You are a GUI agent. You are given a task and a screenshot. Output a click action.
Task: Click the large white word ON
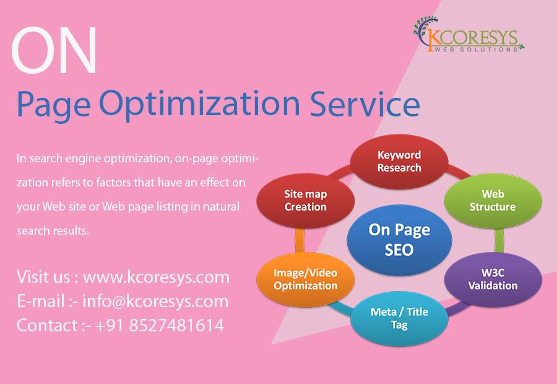pos(54,50)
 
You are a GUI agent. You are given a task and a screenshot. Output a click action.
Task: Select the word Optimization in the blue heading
pos(200,105)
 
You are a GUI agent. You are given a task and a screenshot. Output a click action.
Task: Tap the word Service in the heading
pos(365,103)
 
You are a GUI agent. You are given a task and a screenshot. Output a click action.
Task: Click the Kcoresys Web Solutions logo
pos(468,35)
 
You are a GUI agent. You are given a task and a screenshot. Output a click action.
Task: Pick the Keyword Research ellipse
pos(399,161)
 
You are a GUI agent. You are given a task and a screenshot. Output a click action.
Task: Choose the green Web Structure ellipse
pos(493,201)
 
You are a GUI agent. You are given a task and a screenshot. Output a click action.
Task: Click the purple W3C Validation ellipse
pos(493,279)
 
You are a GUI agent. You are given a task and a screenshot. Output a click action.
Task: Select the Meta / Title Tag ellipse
pos(399,318)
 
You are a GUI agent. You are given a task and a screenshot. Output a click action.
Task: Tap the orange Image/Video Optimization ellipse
pos(306,279)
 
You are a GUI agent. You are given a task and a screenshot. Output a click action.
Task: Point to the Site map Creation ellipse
pos(306,201)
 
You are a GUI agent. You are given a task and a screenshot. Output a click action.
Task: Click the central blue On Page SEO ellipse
pos(399,240)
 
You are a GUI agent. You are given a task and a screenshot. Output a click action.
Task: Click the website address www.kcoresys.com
pos(156,277)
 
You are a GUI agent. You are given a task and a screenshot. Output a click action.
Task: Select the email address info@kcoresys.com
pos(155,302)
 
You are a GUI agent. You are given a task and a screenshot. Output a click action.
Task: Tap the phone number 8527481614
pos(176,325)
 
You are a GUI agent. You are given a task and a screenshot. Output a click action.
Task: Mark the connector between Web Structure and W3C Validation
pos(499,240)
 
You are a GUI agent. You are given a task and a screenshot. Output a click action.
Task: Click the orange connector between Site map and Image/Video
pos(300,240)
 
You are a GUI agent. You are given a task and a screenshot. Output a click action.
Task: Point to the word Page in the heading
pos(53,105)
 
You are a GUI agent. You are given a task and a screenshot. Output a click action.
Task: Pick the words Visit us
pos(43,277)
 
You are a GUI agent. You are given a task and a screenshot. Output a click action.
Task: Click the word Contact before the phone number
pos(47,325)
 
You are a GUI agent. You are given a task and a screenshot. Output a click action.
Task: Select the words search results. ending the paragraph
pos(53,231)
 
